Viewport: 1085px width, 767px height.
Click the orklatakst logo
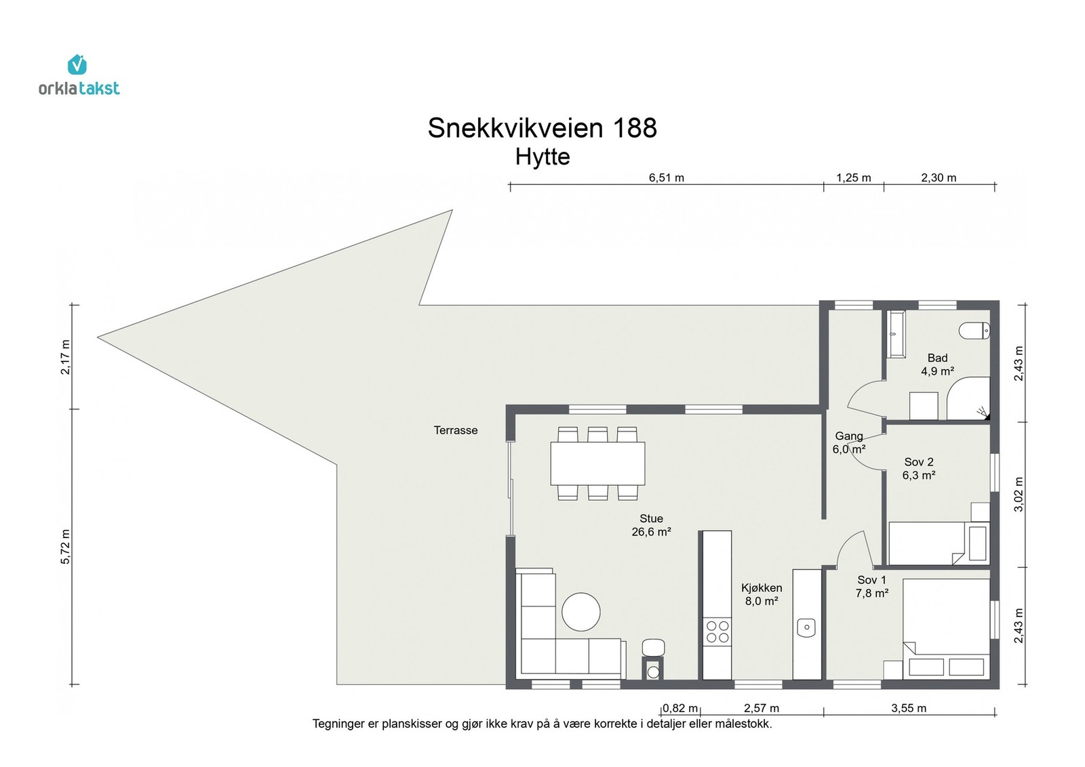tap(79, 75)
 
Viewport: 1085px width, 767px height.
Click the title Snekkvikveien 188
tap(542, 128)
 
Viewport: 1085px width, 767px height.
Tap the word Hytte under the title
tap(542, 157)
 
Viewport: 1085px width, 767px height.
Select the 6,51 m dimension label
tap(666, 178)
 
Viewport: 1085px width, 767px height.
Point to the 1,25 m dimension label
tap(853, 178)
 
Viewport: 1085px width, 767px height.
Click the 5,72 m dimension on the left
tap(66, 546)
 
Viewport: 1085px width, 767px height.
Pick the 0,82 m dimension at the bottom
tap(679, 708)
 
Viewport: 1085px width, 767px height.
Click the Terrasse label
tap(456, 430)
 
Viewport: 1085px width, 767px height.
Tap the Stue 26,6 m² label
tap(651, 525)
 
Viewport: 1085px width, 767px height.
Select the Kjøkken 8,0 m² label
tap(762, 594)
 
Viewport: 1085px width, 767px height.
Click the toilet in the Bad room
tap(974, 331)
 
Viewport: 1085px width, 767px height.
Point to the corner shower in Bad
tap(970, 400)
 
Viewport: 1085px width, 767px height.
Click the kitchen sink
tap(806, 627)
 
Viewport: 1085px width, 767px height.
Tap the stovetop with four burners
tap(717, 631)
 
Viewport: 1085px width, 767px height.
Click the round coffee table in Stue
tap(581, 612)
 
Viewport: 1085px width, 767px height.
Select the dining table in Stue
tap(597, 463)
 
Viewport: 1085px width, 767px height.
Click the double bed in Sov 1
tap(946, 627)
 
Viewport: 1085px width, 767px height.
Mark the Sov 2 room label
tap(919, 468)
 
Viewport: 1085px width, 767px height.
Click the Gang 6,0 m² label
tap(848, 442)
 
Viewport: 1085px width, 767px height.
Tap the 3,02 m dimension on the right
tap(1018, 494)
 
